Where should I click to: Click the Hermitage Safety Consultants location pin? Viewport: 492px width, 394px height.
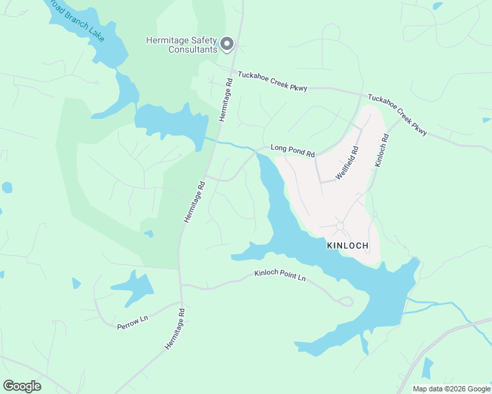(227, 43)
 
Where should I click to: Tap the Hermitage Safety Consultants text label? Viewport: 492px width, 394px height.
(181, 45)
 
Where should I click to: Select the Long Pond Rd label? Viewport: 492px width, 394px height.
(293, 151)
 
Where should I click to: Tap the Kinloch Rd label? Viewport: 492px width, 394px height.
(381, 151)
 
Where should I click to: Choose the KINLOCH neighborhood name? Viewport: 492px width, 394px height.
(348, 246)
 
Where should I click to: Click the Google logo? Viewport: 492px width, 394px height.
(22, 386)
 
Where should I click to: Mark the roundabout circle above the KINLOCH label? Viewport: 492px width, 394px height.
(340, 227)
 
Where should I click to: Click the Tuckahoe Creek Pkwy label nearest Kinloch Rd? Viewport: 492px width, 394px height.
(397, 114)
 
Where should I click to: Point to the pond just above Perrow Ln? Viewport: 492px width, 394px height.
(134, 286)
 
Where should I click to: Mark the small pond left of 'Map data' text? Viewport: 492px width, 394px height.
(428, 368)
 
